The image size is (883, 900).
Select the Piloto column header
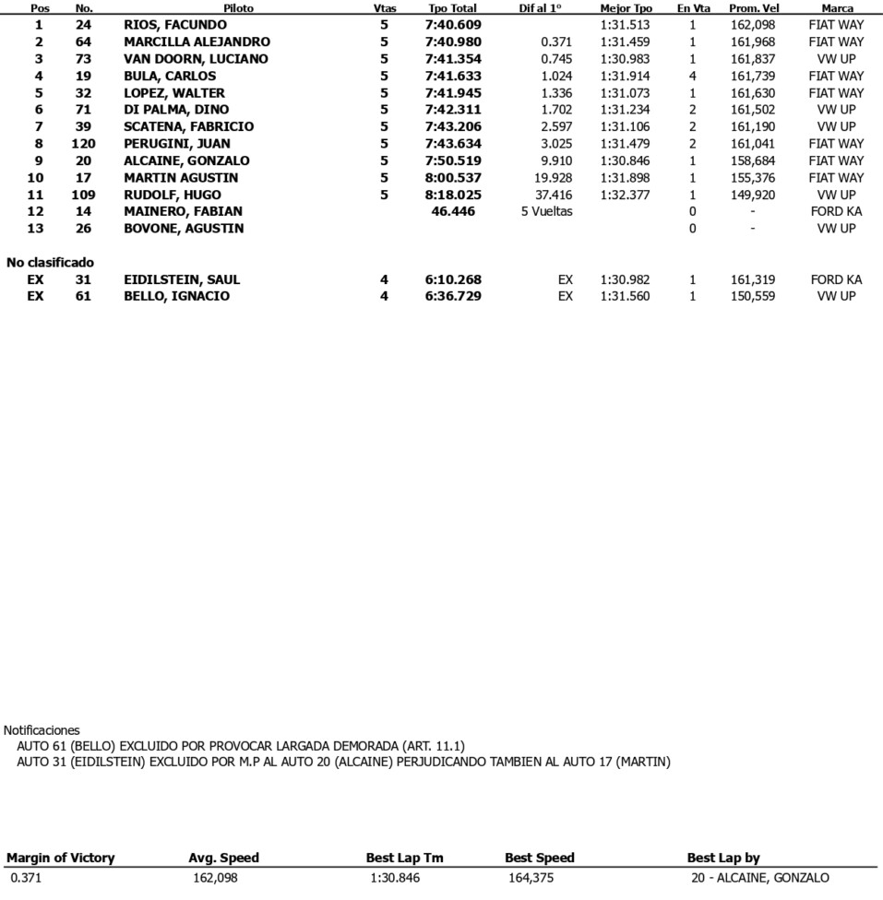(238, 8)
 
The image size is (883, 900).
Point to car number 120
(83, 144)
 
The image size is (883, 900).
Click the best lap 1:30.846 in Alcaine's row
(625, 160)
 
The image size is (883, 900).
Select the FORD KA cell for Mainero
(836, 211)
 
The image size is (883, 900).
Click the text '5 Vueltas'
(546, 211)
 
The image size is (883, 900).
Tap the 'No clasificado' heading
(50, 263)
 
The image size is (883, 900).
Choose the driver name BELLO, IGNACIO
(176, 296)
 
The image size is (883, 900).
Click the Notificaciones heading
(42, 730)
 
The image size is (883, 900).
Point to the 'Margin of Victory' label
(61, 858)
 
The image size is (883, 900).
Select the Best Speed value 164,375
(529, 878)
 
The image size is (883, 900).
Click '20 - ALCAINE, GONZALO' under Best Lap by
(759, 878)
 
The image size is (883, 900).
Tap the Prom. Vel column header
(753, 8)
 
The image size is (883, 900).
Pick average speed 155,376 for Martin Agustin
(752, 177)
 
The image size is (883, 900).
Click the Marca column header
(836, 8)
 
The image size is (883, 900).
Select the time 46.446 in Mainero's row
(452, 211)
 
